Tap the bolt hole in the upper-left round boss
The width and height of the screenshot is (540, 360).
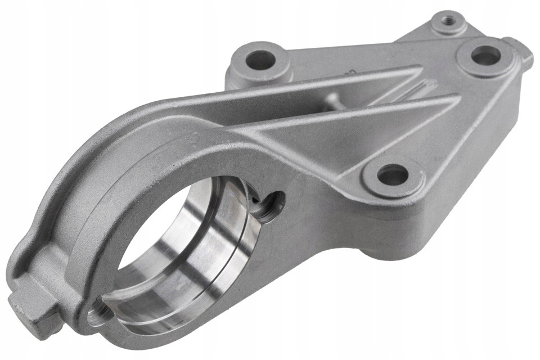tap(260, 60)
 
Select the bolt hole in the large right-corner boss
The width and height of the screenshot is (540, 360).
tap(485, 55)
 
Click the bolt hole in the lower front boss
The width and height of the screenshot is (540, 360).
tap(392, 176)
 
